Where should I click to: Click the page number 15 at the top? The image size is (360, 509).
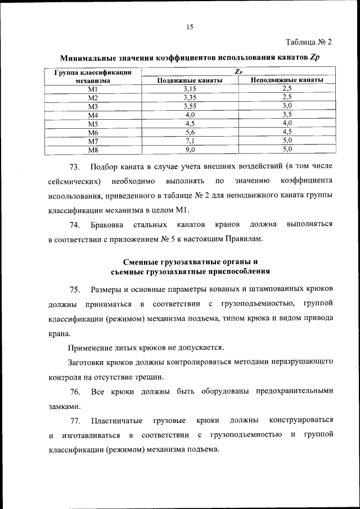(190, 26)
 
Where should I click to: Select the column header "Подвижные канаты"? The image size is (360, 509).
(189, 80)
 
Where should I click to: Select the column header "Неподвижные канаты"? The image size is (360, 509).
(287, 80)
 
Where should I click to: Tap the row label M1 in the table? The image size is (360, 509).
(93, 89)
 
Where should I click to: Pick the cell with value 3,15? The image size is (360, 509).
(189, 89)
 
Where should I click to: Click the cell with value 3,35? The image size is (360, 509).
(189, 97)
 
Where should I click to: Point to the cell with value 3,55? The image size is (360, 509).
(189, 106)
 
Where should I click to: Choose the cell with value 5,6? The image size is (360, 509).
(189, 132)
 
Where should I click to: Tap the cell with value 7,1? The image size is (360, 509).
(189, 141)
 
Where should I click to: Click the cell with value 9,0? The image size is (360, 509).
(189, 150)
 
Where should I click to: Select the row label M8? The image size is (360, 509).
(93, 150)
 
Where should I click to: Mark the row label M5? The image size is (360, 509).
(93, 123)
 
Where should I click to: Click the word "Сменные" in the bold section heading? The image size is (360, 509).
(141, 262)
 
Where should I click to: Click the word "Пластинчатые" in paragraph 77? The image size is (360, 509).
(115, 420)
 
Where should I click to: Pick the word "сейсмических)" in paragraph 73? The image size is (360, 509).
(74, 182)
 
